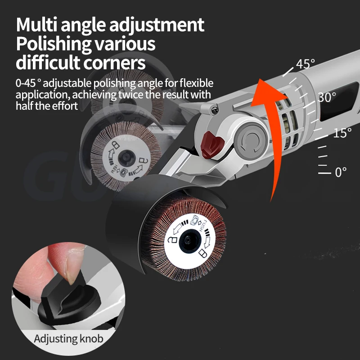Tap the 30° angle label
[x=328, y=97]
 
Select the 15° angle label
[x=342, y=133]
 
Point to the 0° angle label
[x=341, y=172]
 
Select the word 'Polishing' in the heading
[x=54, y=44]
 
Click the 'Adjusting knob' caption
[x=68, y=338]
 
